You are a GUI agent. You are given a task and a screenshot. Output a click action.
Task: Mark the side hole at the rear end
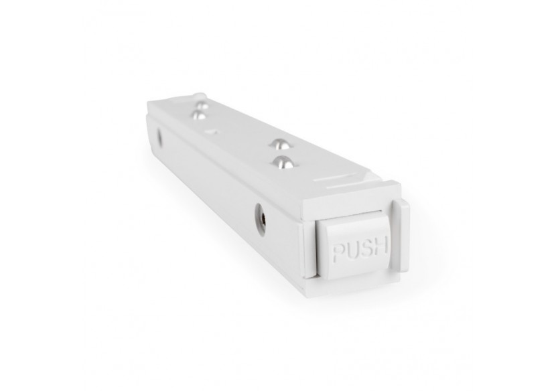pos(159,137)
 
